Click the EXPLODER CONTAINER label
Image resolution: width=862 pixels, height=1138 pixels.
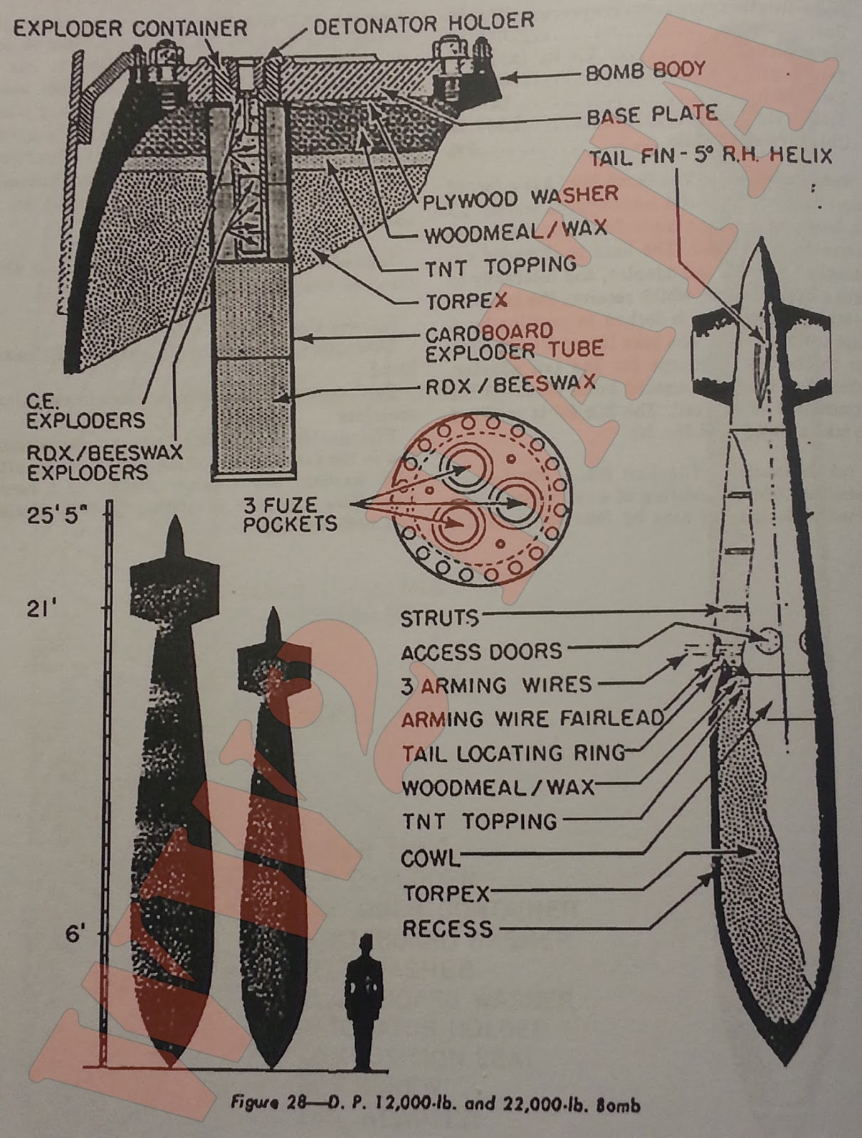coord(130,28)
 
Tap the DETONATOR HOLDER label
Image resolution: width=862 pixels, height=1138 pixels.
coord(424,23)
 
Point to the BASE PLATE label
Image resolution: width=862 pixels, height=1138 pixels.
coord(652,115)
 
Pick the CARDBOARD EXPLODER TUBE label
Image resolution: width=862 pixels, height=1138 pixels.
coord(513,341)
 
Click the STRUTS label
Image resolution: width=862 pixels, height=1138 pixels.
coord(439,618)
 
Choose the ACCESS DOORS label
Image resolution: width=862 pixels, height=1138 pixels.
coord(481,652)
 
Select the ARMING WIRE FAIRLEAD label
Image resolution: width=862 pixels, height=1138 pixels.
coord(532,718)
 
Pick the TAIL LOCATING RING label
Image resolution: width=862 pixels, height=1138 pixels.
coord(513,753)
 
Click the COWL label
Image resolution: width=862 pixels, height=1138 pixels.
coord(430,858)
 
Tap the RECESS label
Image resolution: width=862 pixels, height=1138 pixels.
coord(447,928)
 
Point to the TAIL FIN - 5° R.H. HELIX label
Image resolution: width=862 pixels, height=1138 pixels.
coord(709,156)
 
